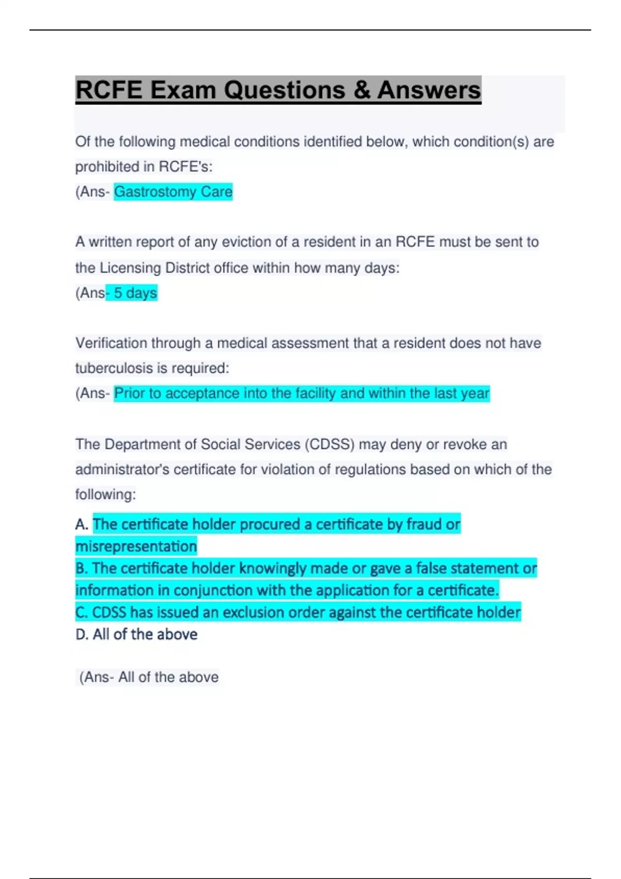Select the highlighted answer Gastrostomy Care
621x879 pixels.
click(x=173, y=192)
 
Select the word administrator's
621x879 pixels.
click(x=122, y=469)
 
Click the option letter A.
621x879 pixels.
click(x=81, y=524)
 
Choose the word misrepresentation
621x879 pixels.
click(x=136, y=547)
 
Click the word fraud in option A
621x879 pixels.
click(x=424, y=524)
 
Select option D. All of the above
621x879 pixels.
click(x=136, y=634)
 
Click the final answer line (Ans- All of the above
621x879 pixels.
click(x=149, y=677)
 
